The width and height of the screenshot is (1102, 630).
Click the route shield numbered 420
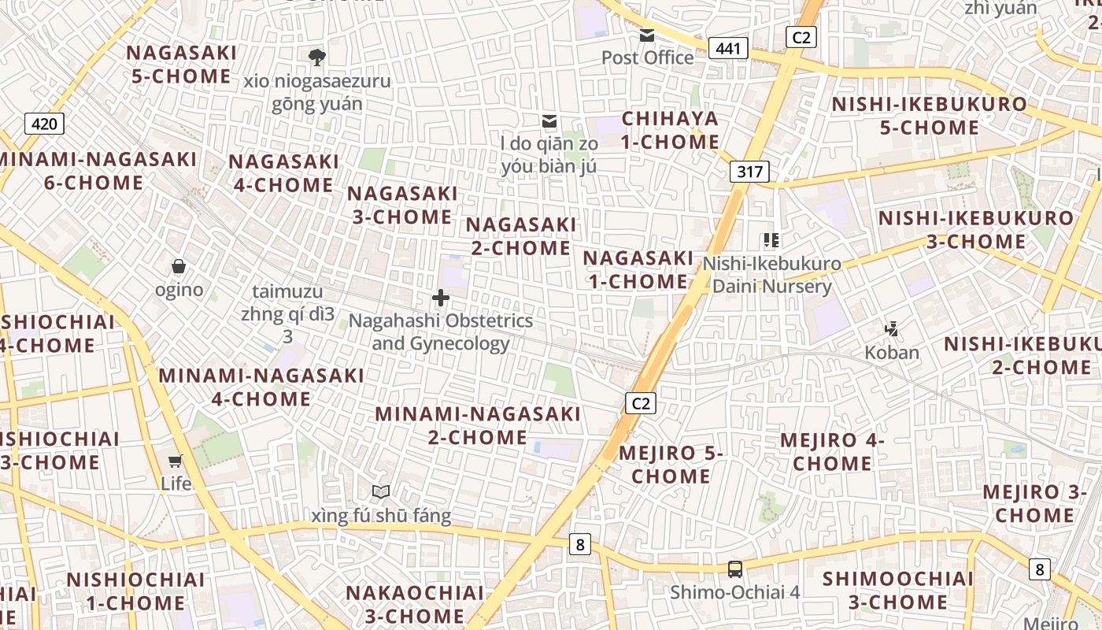tap(44, 124)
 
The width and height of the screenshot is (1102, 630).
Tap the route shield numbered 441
tap(728, 49)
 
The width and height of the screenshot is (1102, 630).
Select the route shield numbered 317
tap(749, 172)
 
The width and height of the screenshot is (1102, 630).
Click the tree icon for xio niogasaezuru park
tap(317, 57)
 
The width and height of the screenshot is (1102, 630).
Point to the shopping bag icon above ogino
tap(179, 267)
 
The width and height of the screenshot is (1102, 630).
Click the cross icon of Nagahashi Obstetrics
tap(441, 298)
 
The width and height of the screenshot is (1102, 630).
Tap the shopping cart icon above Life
tap(176, 461)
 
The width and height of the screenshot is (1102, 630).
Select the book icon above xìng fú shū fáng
tap(381, 492)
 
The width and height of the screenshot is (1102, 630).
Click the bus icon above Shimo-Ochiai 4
tap(734, 569)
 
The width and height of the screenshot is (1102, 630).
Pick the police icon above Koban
tap(892, 328)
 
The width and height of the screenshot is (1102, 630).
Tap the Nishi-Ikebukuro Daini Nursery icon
tap(771, 240)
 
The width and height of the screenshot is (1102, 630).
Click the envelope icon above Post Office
tap(647, 35)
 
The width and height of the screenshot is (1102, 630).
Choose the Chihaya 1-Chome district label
tap(671, 131)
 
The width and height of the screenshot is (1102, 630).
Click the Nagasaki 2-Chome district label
tap(520, 236)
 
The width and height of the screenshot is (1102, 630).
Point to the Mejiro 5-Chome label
tap(671, 465)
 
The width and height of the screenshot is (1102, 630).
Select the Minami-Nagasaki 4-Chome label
tap(261, 387)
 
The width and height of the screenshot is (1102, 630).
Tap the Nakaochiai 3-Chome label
tap(416, 604)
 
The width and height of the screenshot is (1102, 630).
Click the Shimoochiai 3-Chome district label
tap(898, 591)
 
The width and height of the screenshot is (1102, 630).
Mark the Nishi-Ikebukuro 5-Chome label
tap(930, 116)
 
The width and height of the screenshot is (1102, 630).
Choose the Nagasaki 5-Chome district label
tap(181, 65)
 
